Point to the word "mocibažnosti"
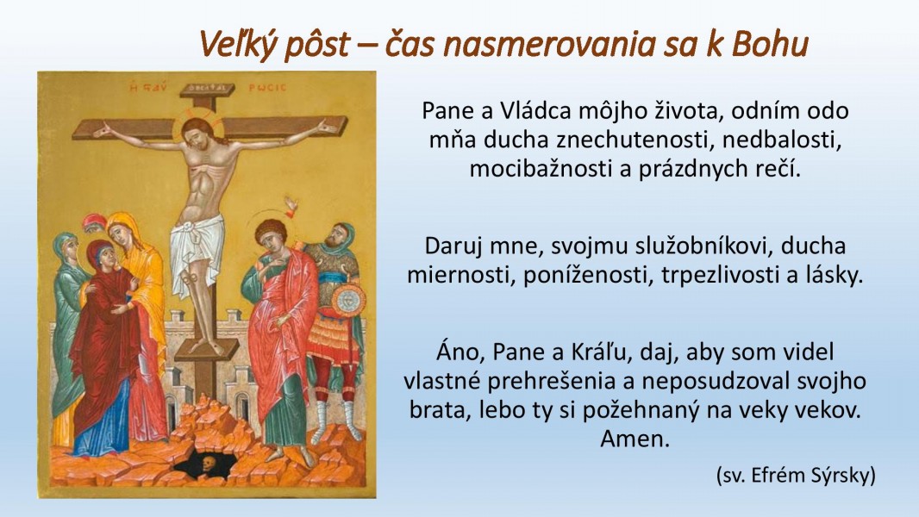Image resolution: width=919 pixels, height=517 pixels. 535,169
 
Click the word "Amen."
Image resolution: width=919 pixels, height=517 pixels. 635,439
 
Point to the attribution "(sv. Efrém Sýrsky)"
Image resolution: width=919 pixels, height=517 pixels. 796,475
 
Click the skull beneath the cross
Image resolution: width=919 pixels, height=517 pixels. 207,464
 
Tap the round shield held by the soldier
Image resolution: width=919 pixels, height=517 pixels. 347,301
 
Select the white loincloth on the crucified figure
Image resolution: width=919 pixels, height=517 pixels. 197,249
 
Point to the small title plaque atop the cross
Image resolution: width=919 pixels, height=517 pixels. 207,90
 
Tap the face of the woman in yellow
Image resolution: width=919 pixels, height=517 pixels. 120,233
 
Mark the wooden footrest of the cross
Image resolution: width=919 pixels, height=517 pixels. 207,350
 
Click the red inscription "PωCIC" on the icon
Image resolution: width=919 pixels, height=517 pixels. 267,88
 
